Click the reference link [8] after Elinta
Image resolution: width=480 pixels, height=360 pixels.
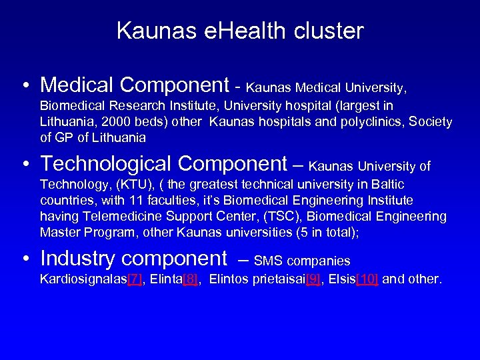tap(191, 279)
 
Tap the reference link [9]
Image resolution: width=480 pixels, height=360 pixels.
tap(312, 279)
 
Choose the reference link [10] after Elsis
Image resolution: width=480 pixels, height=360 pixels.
tap(367, 279)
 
